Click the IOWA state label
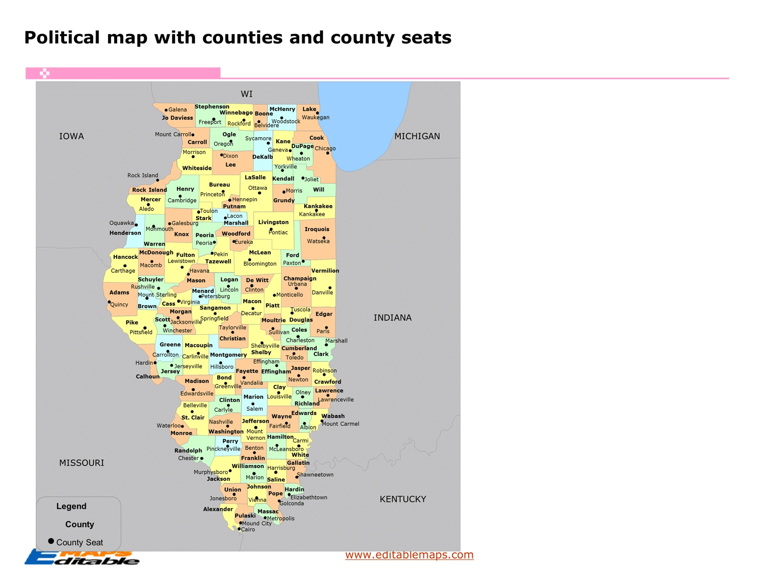click(x=72, y=136)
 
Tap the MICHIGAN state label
click(x=417, y=136)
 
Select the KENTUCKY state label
click(x=403, y=499)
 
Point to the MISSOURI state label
click(x=82, y=463)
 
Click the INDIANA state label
click(x=392, y=318)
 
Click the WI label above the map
click(x=247, y=94)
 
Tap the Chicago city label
click(x=325, y=149)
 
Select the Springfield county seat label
click(x=214, y=318)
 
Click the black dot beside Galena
click(x=166, y=110)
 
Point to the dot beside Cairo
click(x=239, y=529)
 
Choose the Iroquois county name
click(x=317, y=229)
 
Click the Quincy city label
click(x=119, y=304)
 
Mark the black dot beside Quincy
click(x=109, y=302)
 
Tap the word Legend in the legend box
click(x=71, y=506)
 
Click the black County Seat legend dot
click(x=51, y=541)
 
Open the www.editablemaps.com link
click(x=409, y=554)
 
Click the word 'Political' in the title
click(x=62, y=38)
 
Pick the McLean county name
click(x=260, y=253)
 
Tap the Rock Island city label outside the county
click(x=143, y=175)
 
